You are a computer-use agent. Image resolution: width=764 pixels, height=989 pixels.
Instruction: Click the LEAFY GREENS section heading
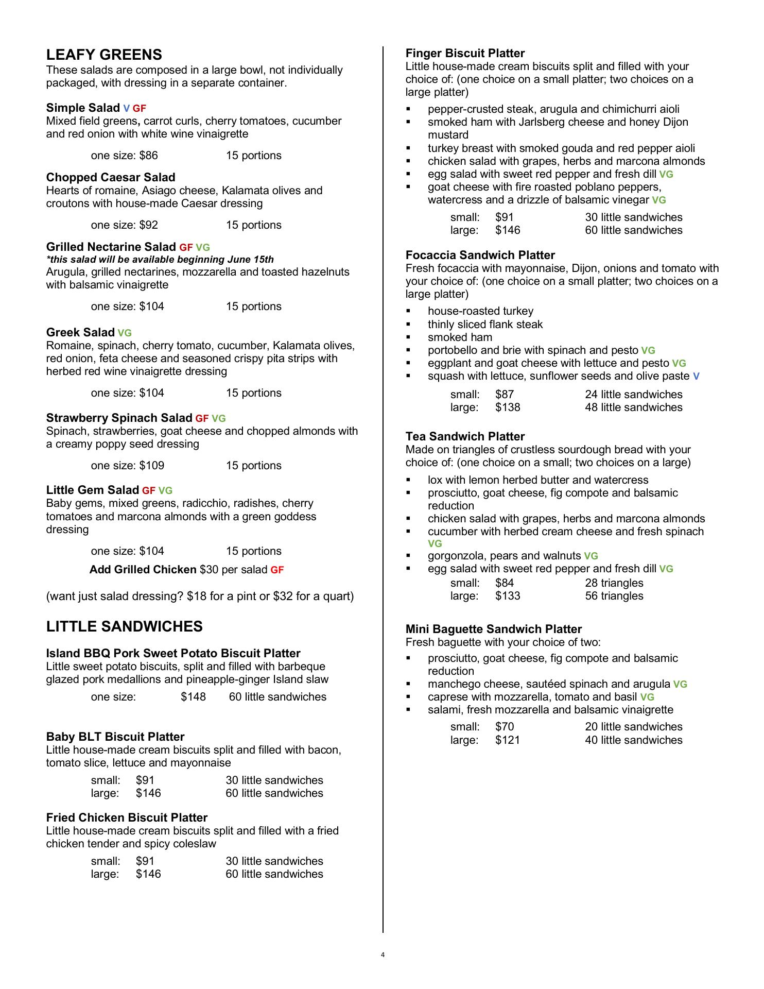[104, 55]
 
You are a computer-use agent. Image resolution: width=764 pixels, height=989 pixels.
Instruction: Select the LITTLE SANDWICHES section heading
[124, 626]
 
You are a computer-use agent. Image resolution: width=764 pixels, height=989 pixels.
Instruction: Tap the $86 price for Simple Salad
[148, 156]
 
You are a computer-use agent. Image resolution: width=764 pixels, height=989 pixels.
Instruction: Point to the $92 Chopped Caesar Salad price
[148, 225]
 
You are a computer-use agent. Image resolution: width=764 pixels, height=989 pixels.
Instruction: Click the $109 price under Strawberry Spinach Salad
[151, 466]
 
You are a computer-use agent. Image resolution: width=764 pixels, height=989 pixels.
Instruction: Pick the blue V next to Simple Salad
[126, 108]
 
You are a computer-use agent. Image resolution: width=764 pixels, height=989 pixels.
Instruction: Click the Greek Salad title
[80, 332]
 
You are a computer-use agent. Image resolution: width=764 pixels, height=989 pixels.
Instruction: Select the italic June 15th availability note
[160, 260]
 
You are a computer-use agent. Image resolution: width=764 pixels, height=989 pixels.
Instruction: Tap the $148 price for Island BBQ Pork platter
[193, 697]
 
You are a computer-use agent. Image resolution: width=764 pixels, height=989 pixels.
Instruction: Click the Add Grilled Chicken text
[143, 570]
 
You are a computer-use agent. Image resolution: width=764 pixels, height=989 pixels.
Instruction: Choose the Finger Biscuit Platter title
[465, 54]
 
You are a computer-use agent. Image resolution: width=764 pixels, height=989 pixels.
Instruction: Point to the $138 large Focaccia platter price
[508, 407]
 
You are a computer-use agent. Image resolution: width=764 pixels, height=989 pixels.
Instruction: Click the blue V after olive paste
[696, 377]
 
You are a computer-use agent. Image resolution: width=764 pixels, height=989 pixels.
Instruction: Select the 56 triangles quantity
[614, 596]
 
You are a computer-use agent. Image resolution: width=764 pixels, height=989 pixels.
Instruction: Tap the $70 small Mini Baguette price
[505, 727]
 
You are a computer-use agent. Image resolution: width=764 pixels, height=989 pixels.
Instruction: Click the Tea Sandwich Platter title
[465, 437]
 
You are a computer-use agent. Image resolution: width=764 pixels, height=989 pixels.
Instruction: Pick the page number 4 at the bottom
[383, 955]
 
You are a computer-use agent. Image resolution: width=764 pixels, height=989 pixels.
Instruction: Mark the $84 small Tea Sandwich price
[505, 583]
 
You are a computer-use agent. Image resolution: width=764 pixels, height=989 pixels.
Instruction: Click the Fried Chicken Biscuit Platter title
[127, 818]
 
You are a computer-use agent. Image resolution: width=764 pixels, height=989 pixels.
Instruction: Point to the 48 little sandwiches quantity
[633, 407]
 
